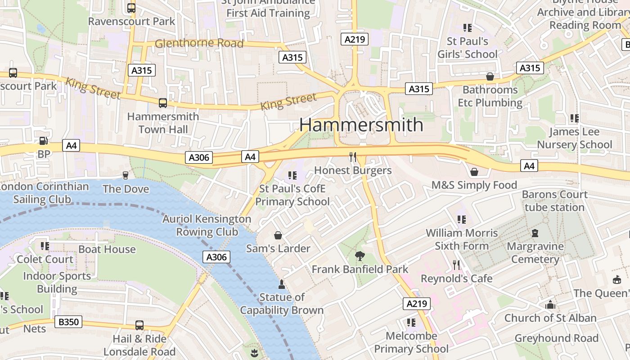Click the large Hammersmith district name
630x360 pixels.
361,125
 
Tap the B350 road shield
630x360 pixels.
68,322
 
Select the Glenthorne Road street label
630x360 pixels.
199,44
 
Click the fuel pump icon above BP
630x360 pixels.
43,141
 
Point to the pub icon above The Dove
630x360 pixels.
126,175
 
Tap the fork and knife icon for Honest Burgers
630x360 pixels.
353,157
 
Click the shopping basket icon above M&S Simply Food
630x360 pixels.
474,172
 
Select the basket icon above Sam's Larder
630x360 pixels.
278,235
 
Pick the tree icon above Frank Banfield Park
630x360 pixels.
360,256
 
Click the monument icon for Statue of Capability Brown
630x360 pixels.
282,284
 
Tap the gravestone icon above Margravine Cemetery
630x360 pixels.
535,233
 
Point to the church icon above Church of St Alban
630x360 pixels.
550,305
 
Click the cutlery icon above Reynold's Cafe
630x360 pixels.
456,265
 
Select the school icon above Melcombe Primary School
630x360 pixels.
411,323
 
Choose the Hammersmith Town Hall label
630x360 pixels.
163,123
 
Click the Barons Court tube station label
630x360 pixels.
554,201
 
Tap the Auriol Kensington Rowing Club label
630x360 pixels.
207,225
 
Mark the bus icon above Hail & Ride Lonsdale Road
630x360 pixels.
139,325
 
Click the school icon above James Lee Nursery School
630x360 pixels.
574,118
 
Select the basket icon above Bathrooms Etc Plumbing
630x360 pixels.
490,76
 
